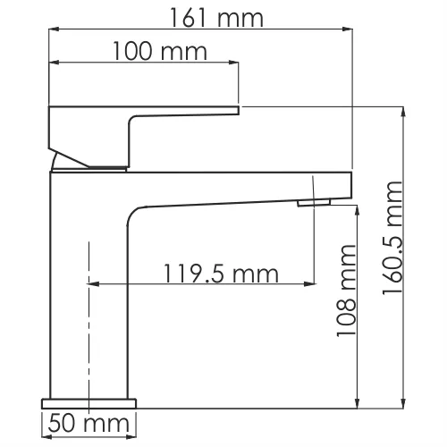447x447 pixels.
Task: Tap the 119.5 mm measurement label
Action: [220, 273]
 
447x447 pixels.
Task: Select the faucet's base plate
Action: [88, 400]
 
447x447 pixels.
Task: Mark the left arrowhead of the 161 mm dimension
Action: [52, 29]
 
